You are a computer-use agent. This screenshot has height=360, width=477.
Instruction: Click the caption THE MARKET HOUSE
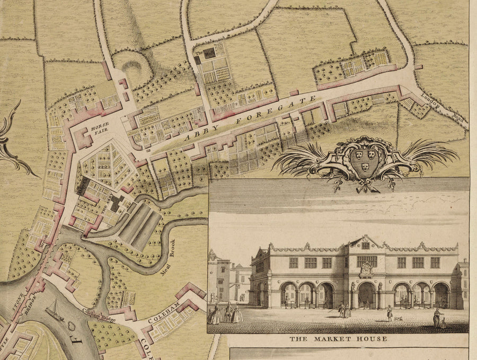click(338, 338)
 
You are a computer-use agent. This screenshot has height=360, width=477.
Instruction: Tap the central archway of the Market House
click(366, 295)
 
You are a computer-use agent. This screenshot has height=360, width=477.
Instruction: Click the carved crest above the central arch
click(366, 269)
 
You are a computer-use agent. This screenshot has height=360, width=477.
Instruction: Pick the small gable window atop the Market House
click(365, 245)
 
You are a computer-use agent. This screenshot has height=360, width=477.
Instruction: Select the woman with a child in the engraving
click(438, 318)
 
